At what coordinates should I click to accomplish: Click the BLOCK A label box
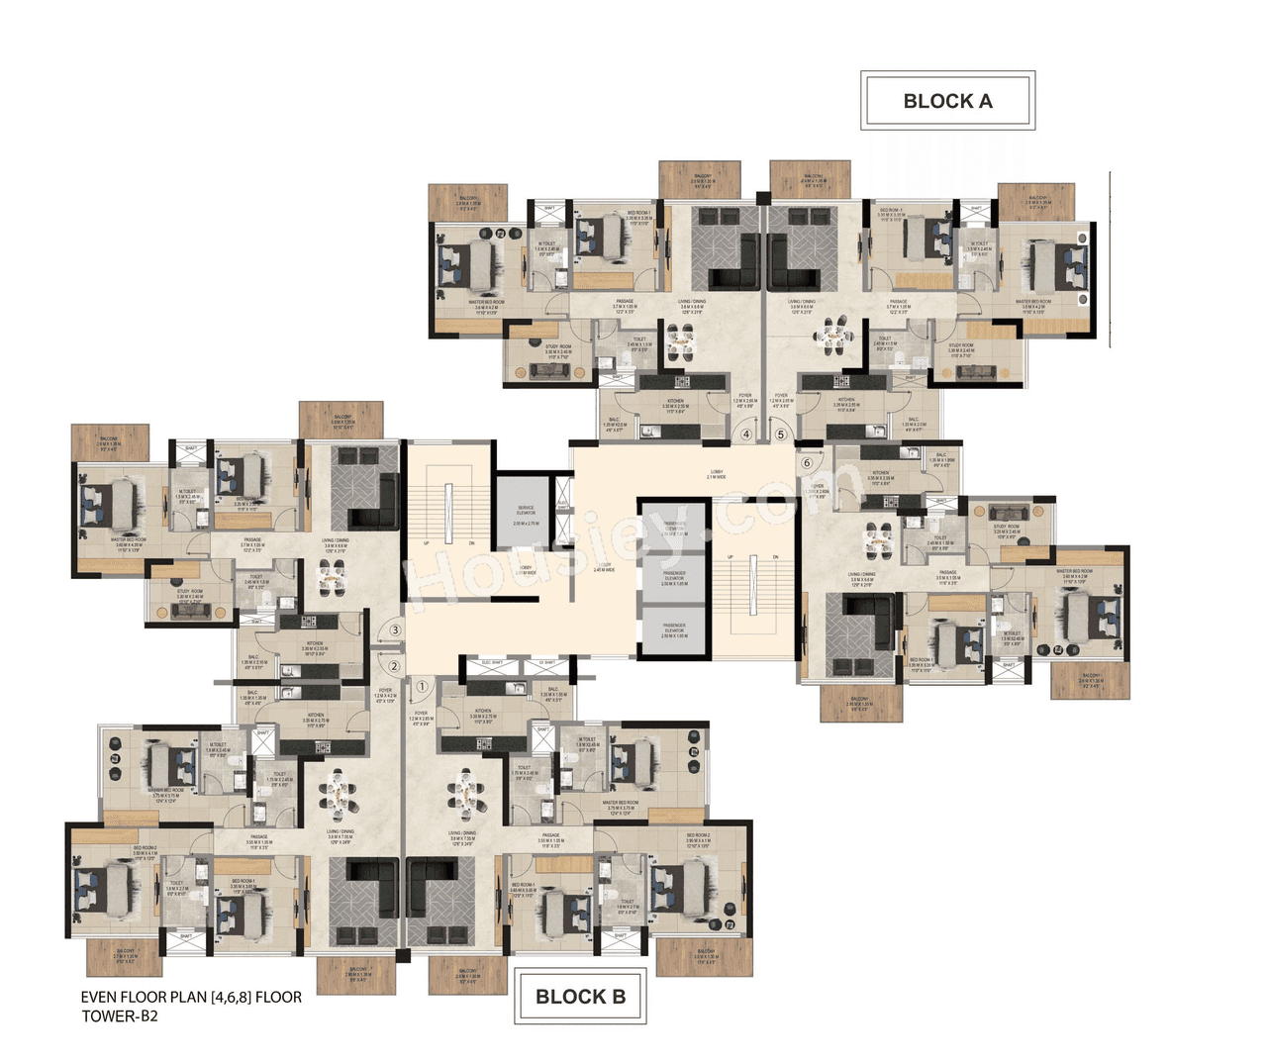coord(947,101)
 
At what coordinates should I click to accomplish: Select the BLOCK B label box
coord(580,997)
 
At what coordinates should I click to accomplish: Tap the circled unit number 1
coord(422,685)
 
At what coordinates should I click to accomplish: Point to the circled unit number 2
coord(394,666)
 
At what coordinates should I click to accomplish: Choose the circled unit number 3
coord(395,629)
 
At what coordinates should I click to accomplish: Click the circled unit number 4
coord(746,434)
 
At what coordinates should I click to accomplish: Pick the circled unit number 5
coord(780,434)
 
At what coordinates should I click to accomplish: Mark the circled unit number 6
coord(807,462)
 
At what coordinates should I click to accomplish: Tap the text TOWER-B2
coord(120,1016)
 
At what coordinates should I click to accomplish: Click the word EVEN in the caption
coord(100,998)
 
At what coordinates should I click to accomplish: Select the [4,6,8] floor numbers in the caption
coord(231,998)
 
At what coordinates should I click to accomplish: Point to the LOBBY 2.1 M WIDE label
coord(716,474)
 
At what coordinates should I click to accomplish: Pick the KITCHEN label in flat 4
coord(675,403)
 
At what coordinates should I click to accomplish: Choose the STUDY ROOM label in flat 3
coord(190,594)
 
